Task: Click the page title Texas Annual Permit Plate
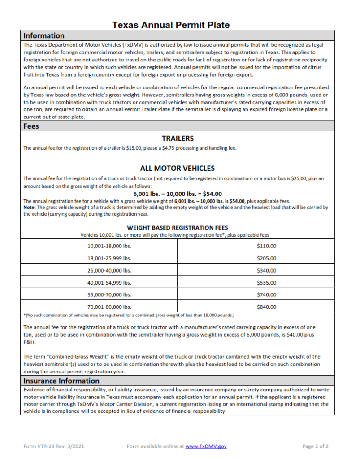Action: [170, 25]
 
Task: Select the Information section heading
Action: [44, 36]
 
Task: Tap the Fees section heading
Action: [31, 126]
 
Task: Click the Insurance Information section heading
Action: [61, 381]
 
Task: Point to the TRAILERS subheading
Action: [178, 139]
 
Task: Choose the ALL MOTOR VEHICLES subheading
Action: [178, 169]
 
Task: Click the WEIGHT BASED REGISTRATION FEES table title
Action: [178, 228]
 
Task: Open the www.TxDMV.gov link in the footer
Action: [206, 446]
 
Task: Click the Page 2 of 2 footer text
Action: [315, 446]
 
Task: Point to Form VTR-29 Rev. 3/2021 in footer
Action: [54, 446]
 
